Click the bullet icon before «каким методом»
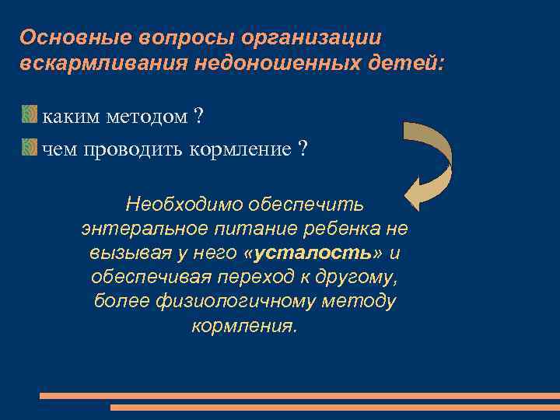coord(29,117)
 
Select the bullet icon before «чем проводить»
coord(29,147)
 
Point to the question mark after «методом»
coord(199,117)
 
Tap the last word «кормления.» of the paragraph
coord(244,325)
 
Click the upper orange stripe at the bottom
coord(299,395)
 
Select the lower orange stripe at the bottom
coord(334,407)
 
